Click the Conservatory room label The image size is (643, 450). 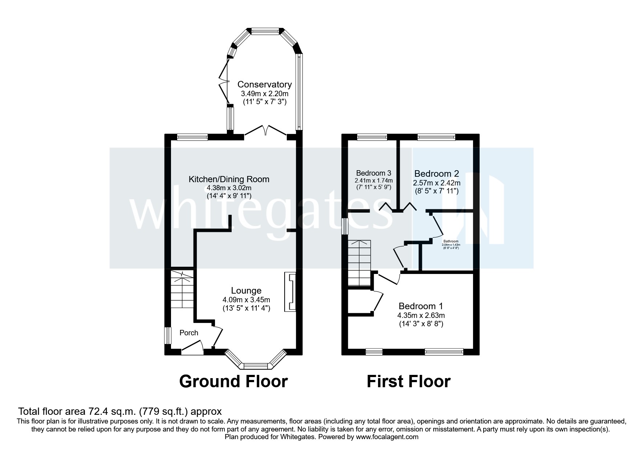[x=264, y=85]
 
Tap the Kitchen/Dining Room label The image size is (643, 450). [x=229, y=179]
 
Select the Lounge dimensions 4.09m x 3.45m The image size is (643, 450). [x=246, y=300]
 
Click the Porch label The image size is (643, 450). [x=189, y=333]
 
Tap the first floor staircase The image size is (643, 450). [x=359, y=263]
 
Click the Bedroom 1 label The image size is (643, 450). [x=420, y=306]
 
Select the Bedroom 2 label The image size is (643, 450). [x=436, y=173]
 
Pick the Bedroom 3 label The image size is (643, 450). [x=373, y=173]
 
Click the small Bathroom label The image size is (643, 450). [x=451, y=241]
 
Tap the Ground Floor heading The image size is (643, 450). [x=233, y=381]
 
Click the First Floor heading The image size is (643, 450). [x=408, y=381]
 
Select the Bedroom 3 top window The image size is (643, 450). [x=372, y=137]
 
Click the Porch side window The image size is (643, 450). [x=168, y=336]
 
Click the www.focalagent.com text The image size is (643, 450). [x=387, y=437]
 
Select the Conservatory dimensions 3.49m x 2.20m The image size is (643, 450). [x=264, y=94]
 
